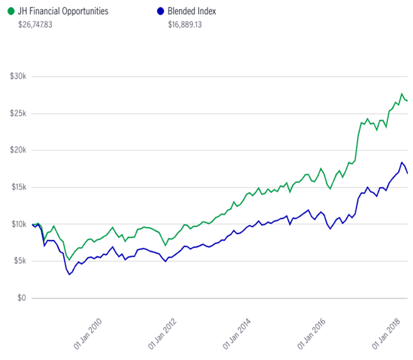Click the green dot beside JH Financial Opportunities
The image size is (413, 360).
12,11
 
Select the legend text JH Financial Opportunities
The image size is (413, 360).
63,11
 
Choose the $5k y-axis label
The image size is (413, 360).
19,261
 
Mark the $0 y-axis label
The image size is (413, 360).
22,299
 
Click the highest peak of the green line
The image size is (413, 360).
402,93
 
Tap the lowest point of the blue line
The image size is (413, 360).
69,274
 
